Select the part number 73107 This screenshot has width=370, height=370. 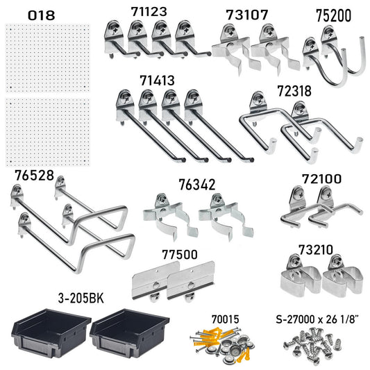247,15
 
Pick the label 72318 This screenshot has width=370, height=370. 294,91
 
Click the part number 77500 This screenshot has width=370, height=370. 178,255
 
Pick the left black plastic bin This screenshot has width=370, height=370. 50,332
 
